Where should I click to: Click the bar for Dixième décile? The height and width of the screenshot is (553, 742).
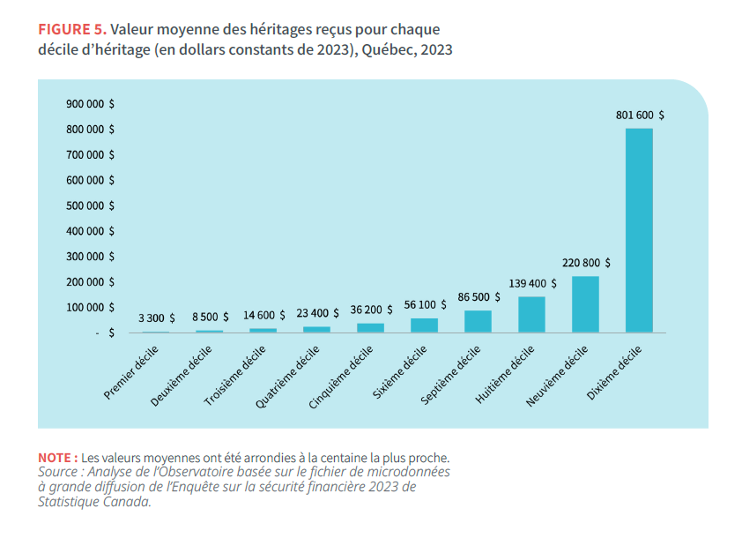coord(639,230)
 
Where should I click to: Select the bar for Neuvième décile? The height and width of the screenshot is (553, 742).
coord(585,304)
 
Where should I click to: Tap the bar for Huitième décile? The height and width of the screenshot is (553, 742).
coord(531,314)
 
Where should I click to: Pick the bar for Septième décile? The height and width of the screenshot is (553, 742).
coord(478,321)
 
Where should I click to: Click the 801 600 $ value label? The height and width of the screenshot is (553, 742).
coord(640,115)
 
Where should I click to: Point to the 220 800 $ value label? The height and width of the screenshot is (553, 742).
coord(586,263)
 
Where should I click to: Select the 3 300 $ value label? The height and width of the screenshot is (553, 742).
coord(157,318)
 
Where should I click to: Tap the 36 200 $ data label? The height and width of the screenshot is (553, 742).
coord(371,310)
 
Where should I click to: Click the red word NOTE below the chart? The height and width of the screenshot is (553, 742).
coord(55,458)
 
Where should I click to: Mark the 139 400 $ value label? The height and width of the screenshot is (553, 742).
coord(532,283)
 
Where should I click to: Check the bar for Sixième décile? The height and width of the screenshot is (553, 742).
coord(424,325)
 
